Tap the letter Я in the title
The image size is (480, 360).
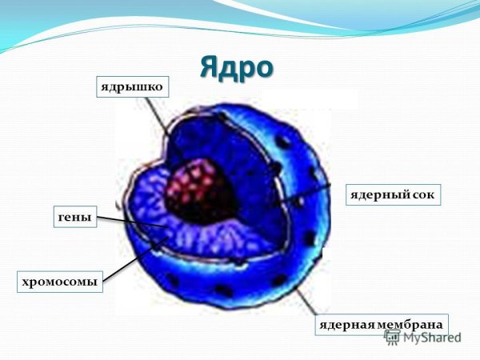tap(210, 66)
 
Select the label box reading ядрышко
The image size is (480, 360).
tap(134, 86)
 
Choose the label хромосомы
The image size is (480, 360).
tap(61, 282)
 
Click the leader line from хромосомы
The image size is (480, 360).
tap(128, 265)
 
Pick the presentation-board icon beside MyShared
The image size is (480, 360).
tap(393, 337)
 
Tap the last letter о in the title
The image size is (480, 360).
tap(262, 68)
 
